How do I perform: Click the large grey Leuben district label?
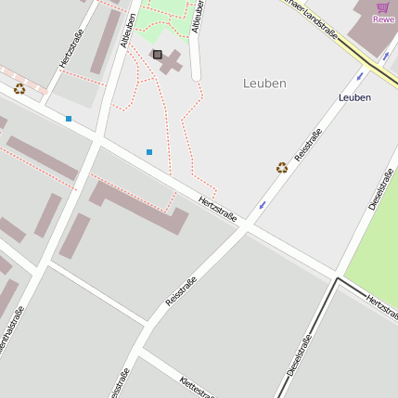tap(264, 83)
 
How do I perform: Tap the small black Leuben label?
tap(354, 97)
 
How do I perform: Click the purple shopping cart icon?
tap(383, 6)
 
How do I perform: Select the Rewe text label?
tap(383, 19)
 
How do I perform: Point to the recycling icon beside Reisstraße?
tap(282, 168)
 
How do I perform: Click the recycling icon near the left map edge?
tap(19, 89)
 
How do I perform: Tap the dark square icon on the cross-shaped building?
tap(157, 55)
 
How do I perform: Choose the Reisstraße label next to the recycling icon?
tap(308, 147)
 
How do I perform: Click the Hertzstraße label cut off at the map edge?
tap(382, 307)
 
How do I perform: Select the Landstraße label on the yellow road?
tap(315, 23)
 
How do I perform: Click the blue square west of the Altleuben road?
tap(69, 119)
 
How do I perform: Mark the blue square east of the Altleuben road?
tap(149, 151)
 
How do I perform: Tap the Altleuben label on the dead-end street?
tap(197, 17)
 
